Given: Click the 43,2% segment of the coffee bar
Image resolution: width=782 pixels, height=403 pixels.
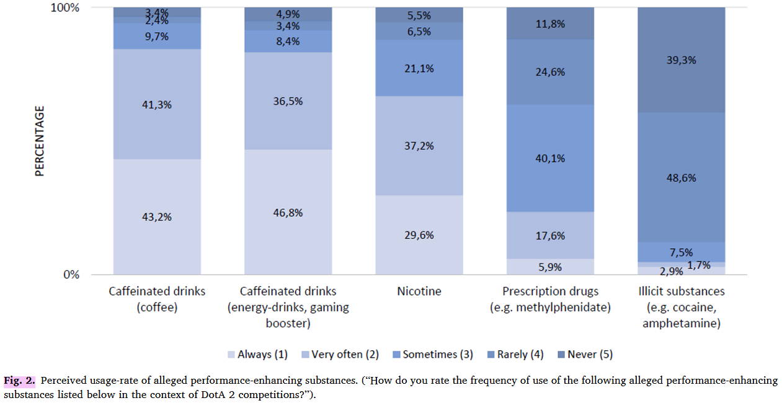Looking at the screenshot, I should (157, 217).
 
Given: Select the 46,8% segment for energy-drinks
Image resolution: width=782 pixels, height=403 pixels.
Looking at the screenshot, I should (288, 212).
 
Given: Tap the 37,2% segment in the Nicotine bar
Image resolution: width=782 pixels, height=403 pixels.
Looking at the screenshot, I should (419, 146).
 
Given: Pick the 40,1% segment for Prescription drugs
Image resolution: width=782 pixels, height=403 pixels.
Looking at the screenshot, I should (550, 158).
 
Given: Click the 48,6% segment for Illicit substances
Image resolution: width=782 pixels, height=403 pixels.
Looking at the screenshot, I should (681, 178).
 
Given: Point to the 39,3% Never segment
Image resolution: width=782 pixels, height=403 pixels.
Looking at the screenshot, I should (681, 60).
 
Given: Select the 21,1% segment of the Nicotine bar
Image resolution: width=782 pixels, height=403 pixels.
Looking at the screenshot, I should (419, 68).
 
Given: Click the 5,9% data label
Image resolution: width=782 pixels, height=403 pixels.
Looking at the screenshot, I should (550, 268).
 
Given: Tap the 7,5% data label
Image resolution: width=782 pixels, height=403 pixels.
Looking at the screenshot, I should (681, 252).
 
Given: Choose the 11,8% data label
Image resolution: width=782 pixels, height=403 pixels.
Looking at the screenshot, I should (550, 24).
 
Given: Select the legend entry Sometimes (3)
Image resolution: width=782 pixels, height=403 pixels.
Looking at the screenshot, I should (432, 355).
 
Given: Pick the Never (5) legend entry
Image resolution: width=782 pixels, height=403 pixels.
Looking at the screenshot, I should (584, 355).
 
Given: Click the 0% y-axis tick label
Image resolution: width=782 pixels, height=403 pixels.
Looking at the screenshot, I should (72, 275).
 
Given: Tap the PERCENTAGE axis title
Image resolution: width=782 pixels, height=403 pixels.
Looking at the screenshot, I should (40, 141).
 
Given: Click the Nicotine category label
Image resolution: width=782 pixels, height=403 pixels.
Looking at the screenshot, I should (419, 291).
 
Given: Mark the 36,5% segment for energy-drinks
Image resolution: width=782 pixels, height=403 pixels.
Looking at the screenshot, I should (288, 101).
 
